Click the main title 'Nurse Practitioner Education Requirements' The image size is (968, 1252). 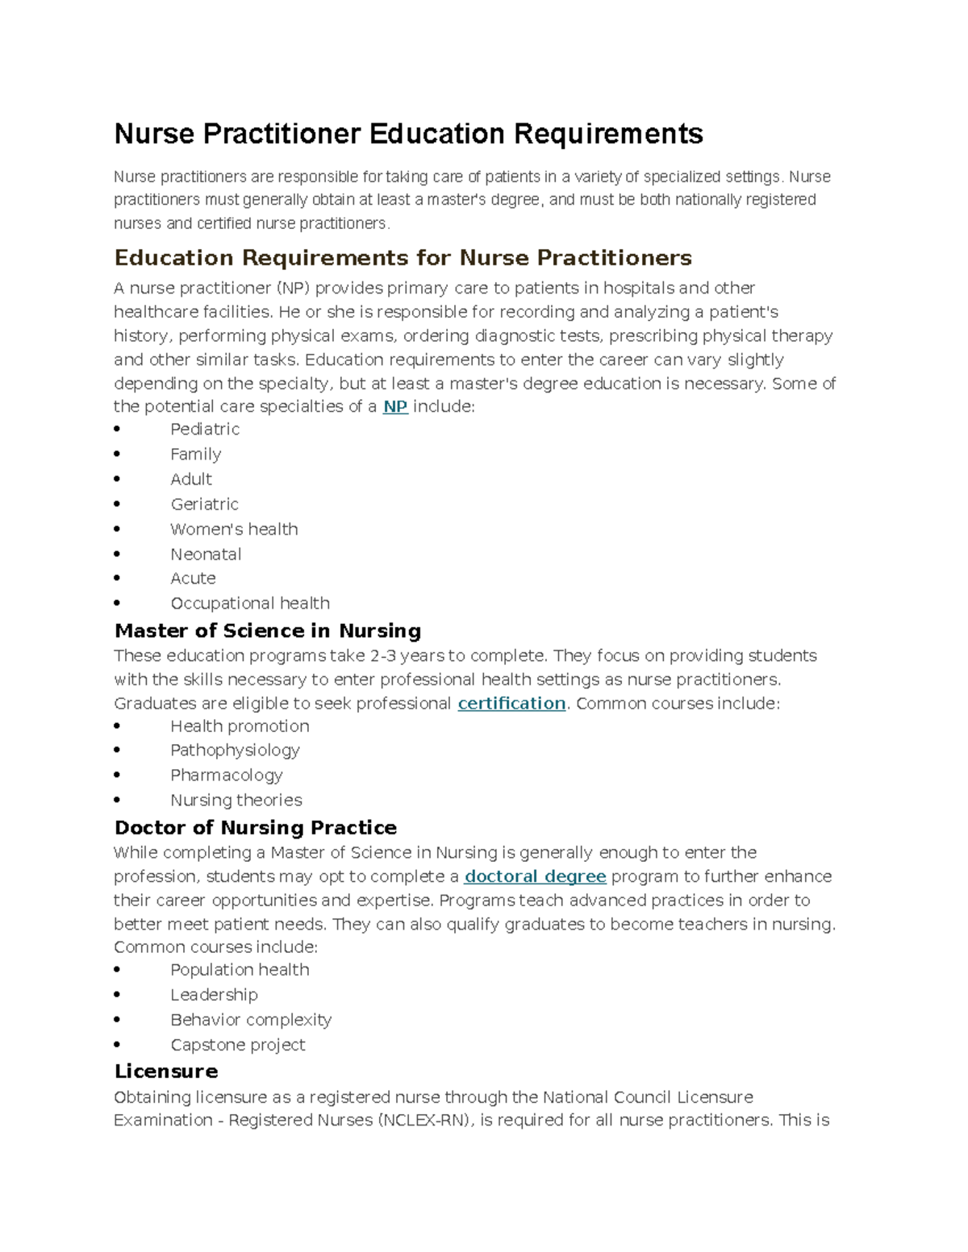coord(408,134)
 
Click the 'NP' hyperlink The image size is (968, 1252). coord(394,406)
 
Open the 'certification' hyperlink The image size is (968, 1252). coord(511,703)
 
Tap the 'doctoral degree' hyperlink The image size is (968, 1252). coord(535,876)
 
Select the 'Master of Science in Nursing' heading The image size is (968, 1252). coord(268,630)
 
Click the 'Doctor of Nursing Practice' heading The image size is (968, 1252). coord(255,828)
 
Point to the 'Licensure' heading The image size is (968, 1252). coord(166,1071)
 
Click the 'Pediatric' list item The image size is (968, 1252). coord(205,430)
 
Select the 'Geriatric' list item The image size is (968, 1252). coord(204,505)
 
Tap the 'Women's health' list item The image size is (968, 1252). coord(234,530)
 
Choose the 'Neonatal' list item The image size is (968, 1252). coord(206,555)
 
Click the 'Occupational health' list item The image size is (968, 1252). coord(250,604)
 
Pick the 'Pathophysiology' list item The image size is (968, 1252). coord(235,751)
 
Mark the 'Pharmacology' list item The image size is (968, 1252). coord(226,776)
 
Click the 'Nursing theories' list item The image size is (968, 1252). coord(236,801)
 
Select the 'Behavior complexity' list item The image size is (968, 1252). coord(251,1020)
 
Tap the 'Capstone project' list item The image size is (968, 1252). coord(238,1045)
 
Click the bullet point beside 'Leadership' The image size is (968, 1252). coord(118,996)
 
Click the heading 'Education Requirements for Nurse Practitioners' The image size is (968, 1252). coord(403,258)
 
